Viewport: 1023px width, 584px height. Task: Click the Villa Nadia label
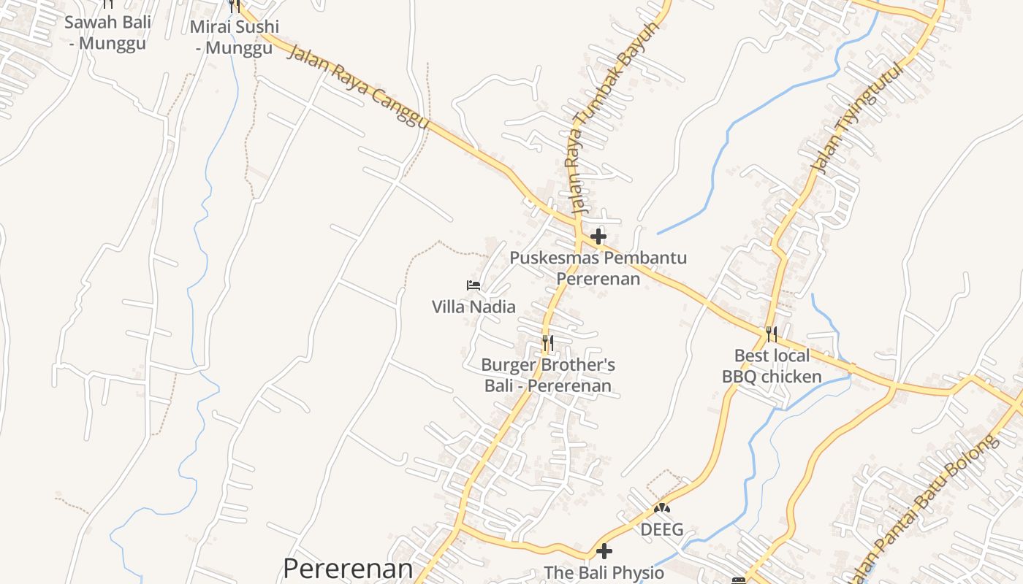pyautogui.click(x=474, y=307)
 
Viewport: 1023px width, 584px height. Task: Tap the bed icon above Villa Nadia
pyautogui.click(x=474, y=285)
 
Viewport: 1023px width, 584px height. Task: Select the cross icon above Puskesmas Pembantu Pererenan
pyautogui.click(x=598, y=237)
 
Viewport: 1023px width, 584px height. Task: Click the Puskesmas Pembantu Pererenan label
pyautogui.click(x=598, y=268)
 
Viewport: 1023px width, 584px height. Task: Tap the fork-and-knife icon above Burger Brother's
pyautogui.click(x=547, y=342)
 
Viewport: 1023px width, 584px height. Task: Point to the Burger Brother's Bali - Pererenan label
pyautogui.click(x=548, y=375)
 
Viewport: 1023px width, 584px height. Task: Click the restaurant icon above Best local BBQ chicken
pyautogui.click(x=771, y=334)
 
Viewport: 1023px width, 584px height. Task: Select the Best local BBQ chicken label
pyautogui.click(x=772, y=366)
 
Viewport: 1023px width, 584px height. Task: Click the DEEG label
pyautogui.click(x=662, y=529)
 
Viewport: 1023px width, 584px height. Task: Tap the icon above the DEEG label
pyautogui.click(x=662, y=507)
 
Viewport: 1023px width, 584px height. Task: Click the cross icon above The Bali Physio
pyautogui.click(x=604, y=551)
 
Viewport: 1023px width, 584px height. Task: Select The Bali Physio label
pyautogui.click(x=604, y=573)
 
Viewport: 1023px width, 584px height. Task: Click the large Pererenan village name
pyautogui.click(x=348, y=569)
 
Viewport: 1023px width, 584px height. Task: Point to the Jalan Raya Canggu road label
pyautogui.click(x=358, y=87)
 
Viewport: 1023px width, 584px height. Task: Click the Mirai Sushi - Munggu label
pyautogui.click(x=234, y=37)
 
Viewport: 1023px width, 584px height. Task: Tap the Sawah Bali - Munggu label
pyautogui.click(x=107, y=32)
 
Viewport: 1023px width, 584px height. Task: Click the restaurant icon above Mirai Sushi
pyautogui.click(x=234, y=6)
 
